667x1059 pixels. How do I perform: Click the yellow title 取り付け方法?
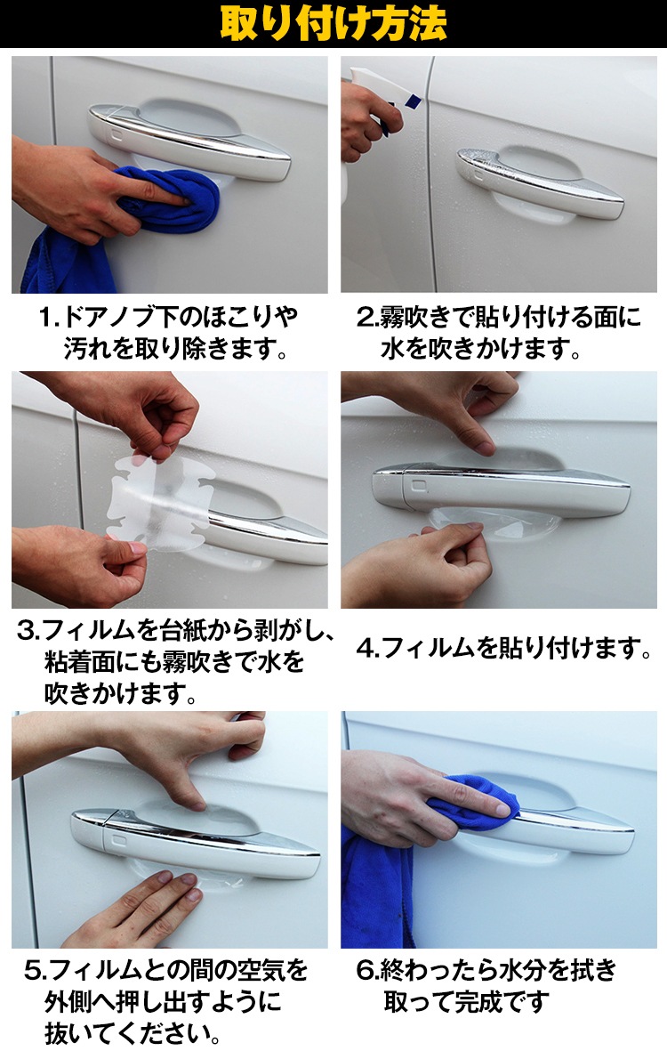click(x=333, y=24)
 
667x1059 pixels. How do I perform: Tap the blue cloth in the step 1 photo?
click(x=135, y=216)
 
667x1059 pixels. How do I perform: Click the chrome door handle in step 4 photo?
click(x=501, y=488)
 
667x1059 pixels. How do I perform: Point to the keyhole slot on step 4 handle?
click(x=419, y=486)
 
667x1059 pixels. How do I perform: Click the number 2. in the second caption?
click(x=368, y=317)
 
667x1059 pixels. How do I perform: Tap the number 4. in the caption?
click(x=368, y=649)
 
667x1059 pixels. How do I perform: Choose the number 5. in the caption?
click(x=36, y=971)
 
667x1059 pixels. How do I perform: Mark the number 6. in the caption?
click(x=368, y=971)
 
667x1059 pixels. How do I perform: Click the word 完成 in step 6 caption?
click(x=478, y=1002)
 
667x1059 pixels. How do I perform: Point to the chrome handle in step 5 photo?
click(x=196, y=842)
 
